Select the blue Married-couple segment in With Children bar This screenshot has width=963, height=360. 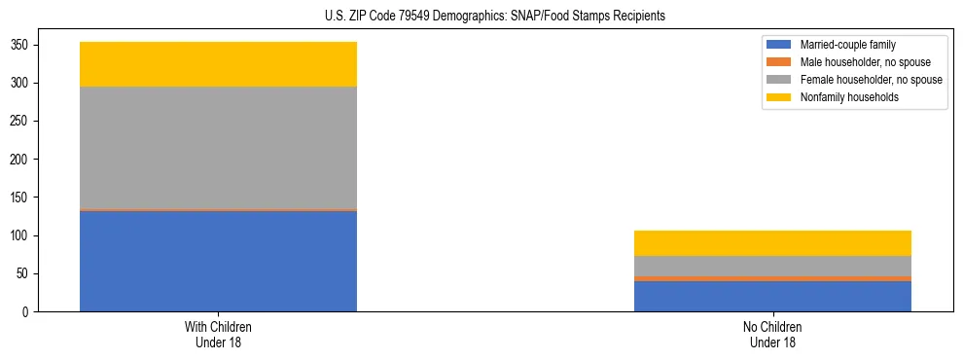coord(218,261)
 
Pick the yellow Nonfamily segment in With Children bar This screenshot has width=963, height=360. coord(218,64)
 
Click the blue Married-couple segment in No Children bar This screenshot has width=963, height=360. coord(772,296)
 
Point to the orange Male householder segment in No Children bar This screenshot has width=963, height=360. coord(772,278)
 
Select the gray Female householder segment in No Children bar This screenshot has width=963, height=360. coord(772,266)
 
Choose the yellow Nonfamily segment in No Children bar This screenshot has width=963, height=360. coord(772,243)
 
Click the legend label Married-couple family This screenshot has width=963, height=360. coord(847,45)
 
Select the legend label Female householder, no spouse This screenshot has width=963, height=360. coord(871,80)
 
